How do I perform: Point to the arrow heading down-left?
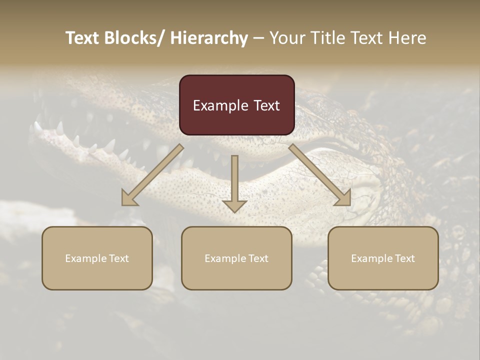click(x=152, y=175)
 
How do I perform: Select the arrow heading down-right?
click(x=320, y=175)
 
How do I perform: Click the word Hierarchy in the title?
click(x=209, y=38)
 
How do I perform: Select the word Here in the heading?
click(x=407, y=38)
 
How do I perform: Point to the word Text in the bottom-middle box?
click(x=258, y=258)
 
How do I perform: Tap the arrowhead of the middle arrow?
click(x=234, y=205)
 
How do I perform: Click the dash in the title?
click(x=258, y=38)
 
